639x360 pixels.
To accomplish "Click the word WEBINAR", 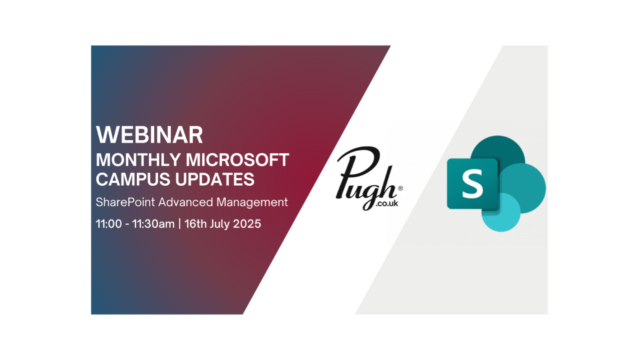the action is point(149,135).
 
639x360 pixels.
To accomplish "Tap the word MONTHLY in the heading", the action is point(138,160).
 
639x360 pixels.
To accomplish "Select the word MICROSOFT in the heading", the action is point(237,160).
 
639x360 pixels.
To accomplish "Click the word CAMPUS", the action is point(133,179).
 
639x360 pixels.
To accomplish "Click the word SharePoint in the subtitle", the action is point(125,202).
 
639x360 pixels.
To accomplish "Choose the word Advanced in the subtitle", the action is point(186,202).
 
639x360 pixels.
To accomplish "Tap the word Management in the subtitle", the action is point(252,203).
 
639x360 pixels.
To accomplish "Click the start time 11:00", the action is point(109,224).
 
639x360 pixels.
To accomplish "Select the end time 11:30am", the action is point(153,224).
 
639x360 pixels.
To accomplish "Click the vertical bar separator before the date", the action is point(179,224).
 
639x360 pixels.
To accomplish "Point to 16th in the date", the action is point(195,224).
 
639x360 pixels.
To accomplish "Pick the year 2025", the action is point(247,224).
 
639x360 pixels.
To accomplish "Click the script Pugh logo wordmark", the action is point(366,177).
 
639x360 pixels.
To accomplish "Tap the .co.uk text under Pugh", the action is point(387,203).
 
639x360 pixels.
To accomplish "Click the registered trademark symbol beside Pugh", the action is point(400,188).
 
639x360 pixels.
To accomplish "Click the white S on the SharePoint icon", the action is point(472,183).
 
